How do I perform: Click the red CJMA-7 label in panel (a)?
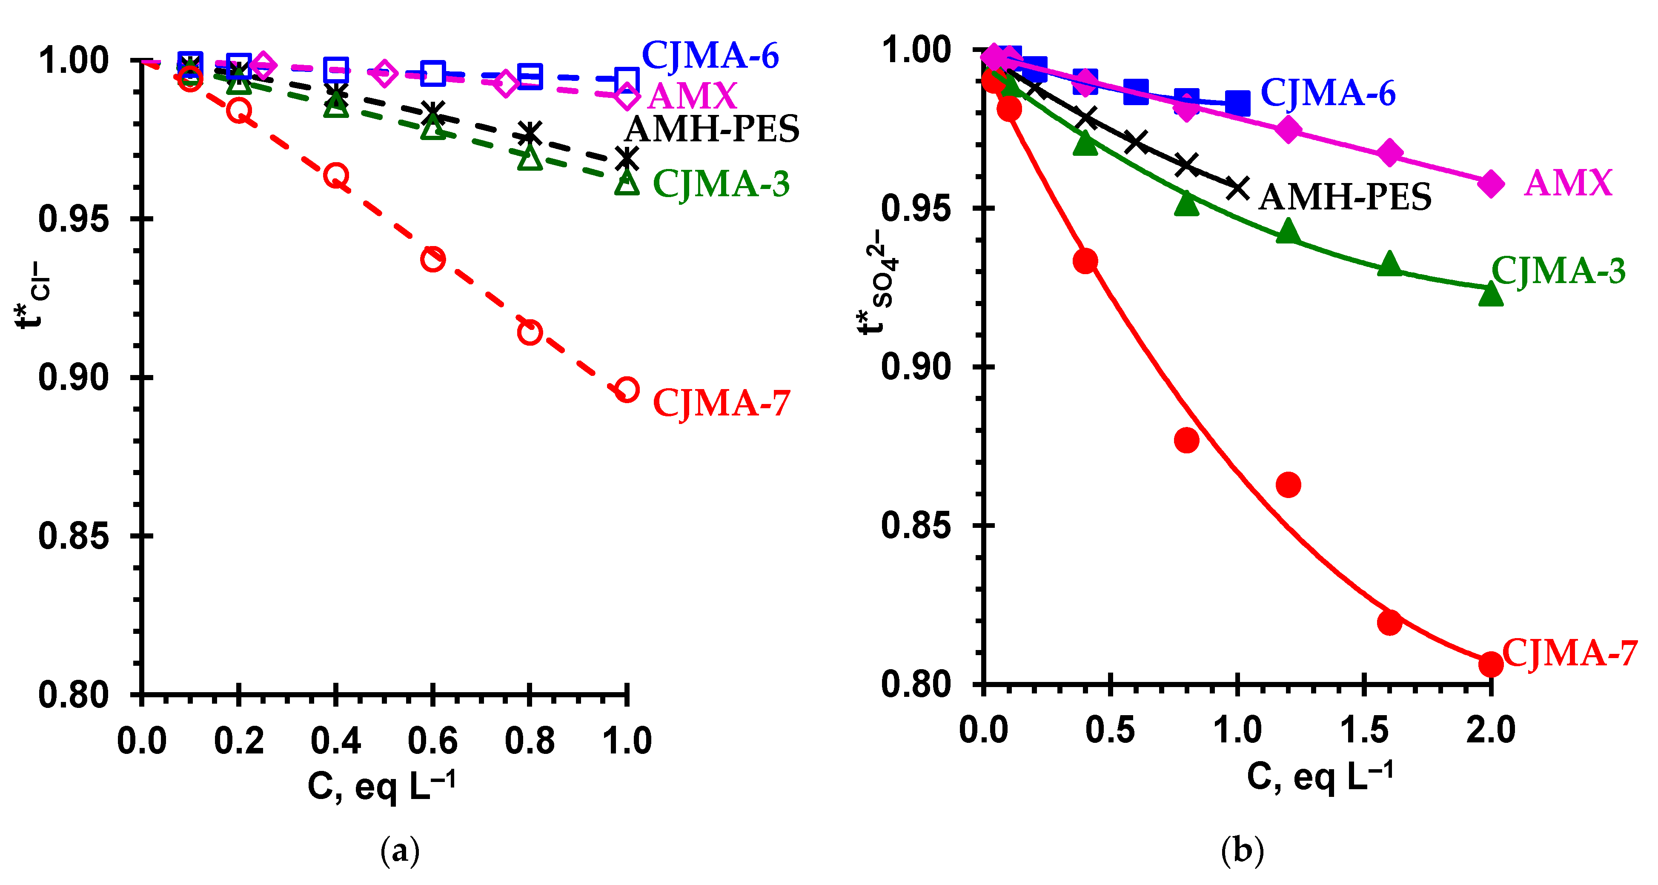coord(721,404)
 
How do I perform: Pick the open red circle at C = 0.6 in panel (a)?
coord(432,259)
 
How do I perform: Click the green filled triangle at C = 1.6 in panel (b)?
coord(1389,264)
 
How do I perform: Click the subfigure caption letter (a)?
coord(400,851)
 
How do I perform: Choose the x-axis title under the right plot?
coord(1320,776)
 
